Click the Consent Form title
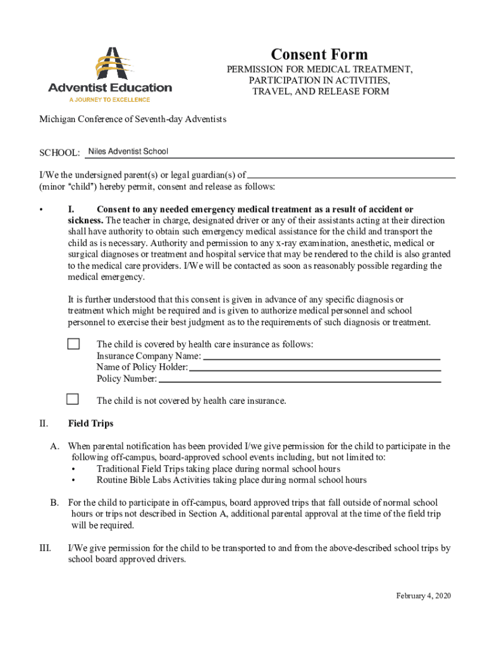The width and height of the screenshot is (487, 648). point(319,54)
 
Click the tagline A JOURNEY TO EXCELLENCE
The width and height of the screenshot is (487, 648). point(109,100)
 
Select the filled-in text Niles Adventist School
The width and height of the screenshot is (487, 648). point(128,151)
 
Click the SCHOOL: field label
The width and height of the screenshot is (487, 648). point(60,153)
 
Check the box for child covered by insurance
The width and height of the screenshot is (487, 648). point(73,344)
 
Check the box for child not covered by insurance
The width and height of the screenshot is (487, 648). point(73,399)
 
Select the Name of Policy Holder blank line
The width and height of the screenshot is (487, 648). point(314,369)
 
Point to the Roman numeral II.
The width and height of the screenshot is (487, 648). point(44,423)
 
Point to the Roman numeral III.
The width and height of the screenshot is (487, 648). point(45,548)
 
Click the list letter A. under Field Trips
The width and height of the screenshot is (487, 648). point(55,446)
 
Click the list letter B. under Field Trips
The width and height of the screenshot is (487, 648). point(55,502)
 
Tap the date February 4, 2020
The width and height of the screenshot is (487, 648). point(423,596)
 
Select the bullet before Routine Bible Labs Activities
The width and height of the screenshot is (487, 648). point(74,480)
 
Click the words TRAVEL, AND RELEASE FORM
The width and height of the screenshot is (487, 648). point(321,92)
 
